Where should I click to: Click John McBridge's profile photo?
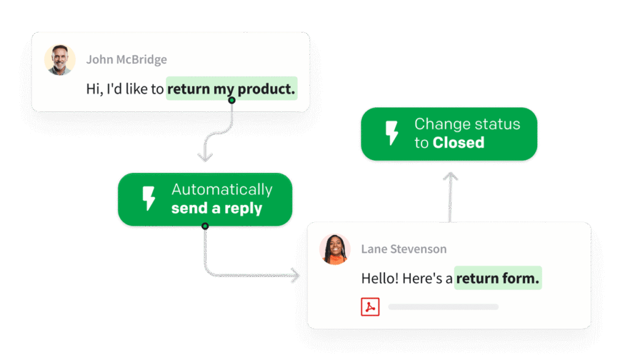(60, 60)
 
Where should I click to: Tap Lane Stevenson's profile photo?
(335, 249)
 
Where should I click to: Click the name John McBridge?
(126, 60)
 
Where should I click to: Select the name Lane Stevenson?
(404, 249)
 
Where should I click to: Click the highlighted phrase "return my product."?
(231, 89)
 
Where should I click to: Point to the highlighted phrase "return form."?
(498, 278)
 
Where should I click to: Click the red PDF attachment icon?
(370, 306)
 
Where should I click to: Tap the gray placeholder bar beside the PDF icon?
(443, 306)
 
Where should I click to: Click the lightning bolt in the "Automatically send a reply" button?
(149, 199)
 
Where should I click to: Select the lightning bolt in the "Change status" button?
(392, 134)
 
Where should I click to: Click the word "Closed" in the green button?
(458, 143)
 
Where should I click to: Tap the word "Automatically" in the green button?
(221, 190)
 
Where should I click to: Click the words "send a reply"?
(217, 209)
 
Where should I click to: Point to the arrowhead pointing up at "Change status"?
(450, 176)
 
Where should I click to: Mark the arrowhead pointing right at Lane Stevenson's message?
(296, 275)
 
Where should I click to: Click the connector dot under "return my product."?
(232, 100)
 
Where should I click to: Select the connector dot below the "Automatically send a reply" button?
(205, 226)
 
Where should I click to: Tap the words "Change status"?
(467, 124)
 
